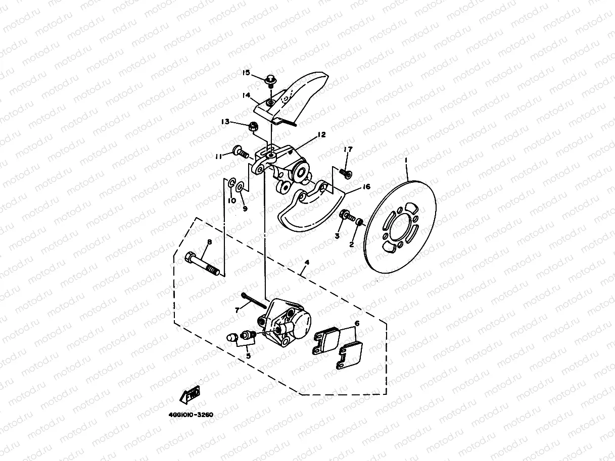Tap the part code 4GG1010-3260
(x=191, y=415)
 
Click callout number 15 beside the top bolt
(x=246, y=73)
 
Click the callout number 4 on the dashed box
(x=306, y=263)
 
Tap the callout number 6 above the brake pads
(x=356, y=323)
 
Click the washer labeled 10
(x=231, y=183)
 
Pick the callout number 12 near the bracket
(x=321, y=135)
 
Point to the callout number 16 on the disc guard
(x=366, y=187)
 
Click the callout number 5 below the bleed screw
(x=248, y=355)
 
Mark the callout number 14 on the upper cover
(x=246, y=95)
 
